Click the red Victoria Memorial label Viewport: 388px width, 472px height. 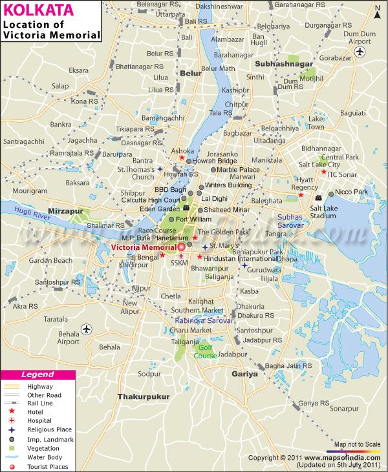click(143, 247)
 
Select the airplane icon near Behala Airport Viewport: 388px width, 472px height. click(87, 330)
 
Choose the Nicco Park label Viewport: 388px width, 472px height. click(353, 193)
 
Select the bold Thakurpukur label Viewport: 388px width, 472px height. click(143, 396)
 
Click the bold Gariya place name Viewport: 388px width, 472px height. click(245, 374)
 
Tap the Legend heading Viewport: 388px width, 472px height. click(38, 375)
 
